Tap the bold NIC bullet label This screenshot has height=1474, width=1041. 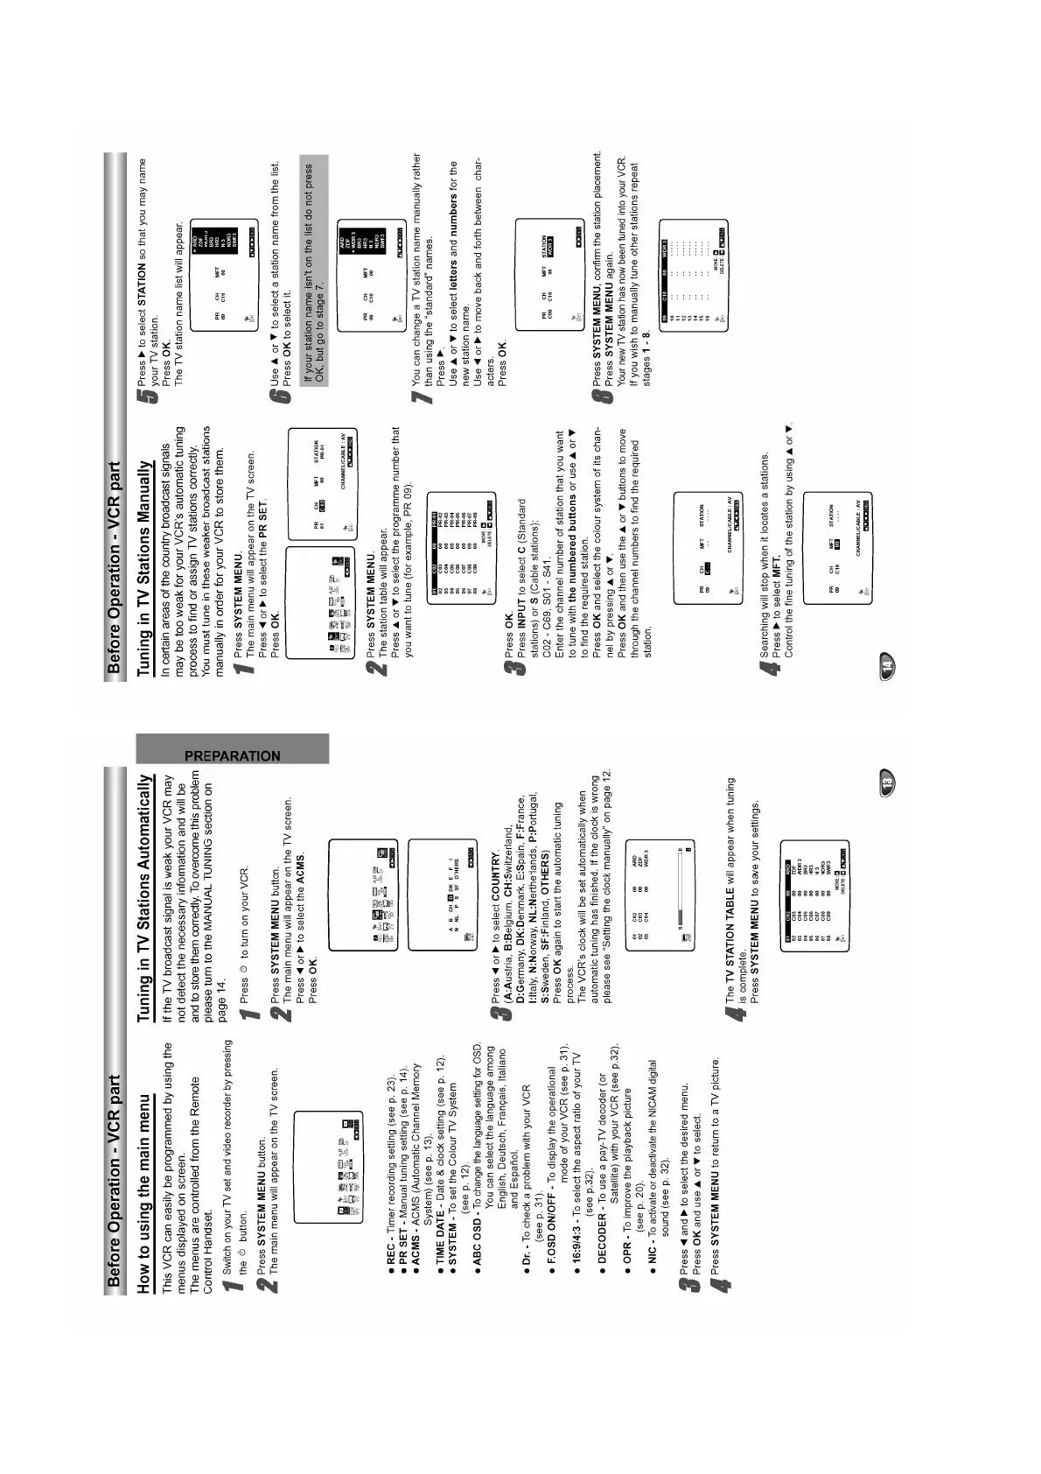click(651, 1257)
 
